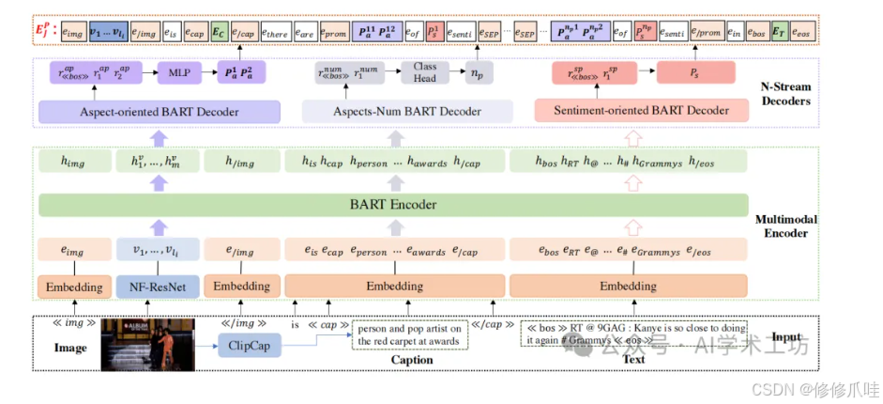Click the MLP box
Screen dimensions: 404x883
tap(179, 71)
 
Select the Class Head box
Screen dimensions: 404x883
tap(425, 71)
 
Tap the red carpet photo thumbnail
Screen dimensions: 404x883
tap(147, 342)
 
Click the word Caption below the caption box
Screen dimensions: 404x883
tap(411, 361)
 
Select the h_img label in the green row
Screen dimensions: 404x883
tap(71, 162)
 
